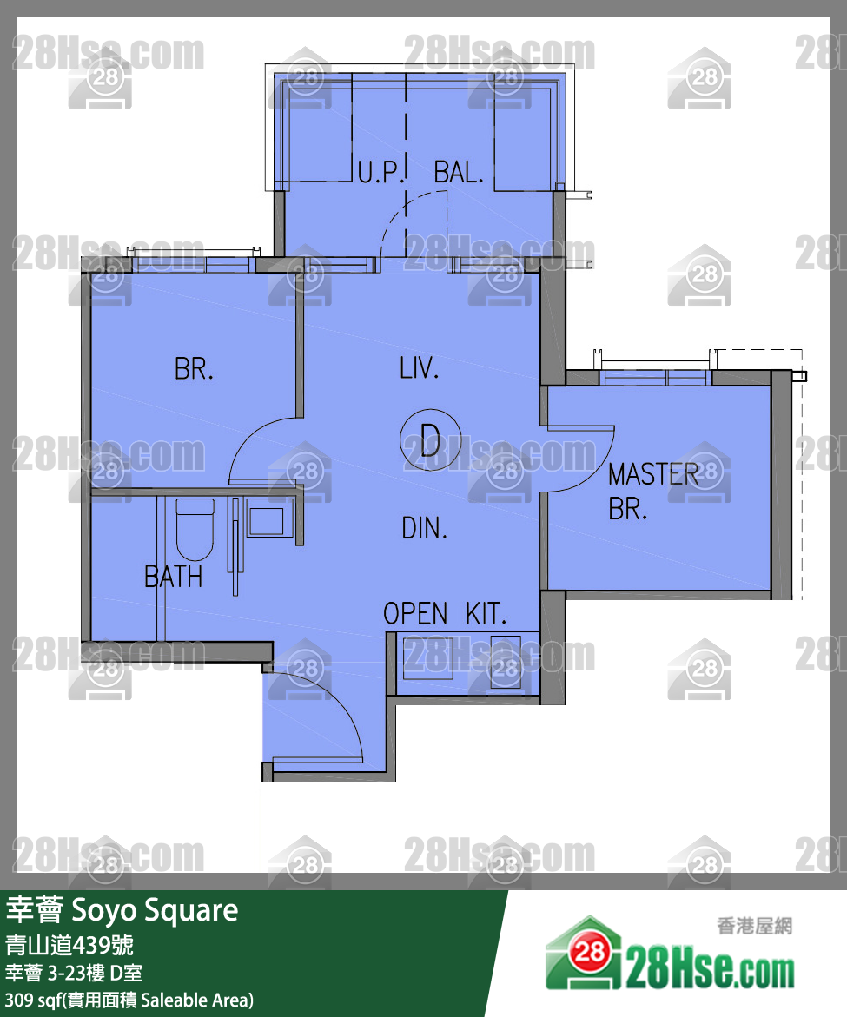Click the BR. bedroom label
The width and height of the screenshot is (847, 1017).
194,369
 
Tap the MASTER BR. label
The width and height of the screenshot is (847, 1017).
652,491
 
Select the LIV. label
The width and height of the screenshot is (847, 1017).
419,368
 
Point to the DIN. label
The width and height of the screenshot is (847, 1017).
424,527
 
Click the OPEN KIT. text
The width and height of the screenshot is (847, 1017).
444,614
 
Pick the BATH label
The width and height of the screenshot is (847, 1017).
173,577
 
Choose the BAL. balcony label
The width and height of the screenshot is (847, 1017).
458,172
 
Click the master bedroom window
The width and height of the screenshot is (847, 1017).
656,375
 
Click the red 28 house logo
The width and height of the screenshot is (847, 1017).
590,952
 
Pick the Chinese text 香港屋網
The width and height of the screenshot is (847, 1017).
754,927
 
